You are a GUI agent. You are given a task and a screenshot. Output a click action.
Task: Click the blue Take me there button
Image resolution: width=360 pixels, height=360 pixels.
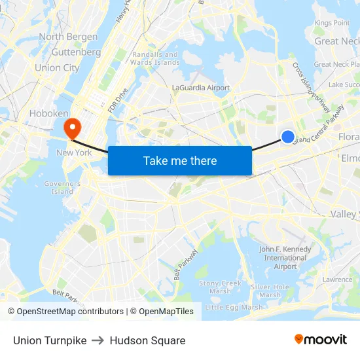pyautogui.click(x=180, y=160)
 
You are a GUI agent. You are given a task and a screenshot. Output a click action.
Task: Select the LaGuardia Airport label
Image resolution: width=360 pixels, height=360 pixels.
pyautogui.click(x=201, y=88)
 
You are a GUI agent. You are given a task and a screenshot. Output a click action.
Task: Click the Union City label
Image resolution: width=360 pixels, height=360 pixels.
pyautogui.click(x=57, y=67)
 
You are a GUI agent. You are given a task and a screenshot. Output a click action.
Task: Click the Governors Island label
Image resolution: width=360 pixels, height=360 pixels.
pyautogui.click(x=62, y=187)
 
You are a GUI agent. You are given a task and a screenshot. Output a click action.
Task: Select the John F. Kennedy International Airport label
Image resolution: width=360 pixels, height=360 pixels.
pyautogui.click(x=285, y=258)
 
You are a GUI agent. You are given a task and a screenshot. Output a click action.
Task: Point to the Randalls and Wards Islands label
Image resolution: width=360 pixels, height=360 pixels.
pyautogui.click(x=156, y=58)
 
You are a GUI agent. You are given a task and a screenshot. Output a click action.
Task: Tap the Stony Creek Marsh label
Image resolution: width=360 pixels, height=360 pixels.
pyautogui.click(x=220, y=287)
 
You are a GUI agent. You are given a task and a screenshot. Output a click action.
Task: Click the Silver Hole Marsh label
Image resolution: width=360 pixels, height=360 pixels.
pyautogui.click(x=270, y=291)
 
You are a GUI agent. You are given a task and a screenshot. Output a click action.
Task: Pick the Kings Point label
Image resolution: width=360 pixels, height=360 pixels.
pyautogui.click(x=332, y=23)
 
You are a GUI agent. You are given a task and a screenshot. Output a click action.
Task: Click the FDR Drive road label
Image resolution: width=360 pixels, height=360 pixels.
pyautogui.click(x=118, y=98)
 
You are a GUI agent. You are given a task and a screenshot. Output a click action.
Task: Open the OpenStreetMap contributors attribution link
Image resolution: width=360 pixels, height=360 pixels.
pyautogui.click(x=66, y=312)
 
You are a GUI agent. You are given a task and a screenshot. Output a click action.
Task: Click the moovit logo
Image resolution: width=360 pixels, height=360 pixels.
pyautogui.click(x=321, y=339)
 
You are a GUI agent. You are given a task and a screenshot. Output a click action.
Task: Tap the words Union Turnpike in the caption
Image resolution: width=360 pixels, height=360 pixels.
pyautogui.click(x=50, y=340)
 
